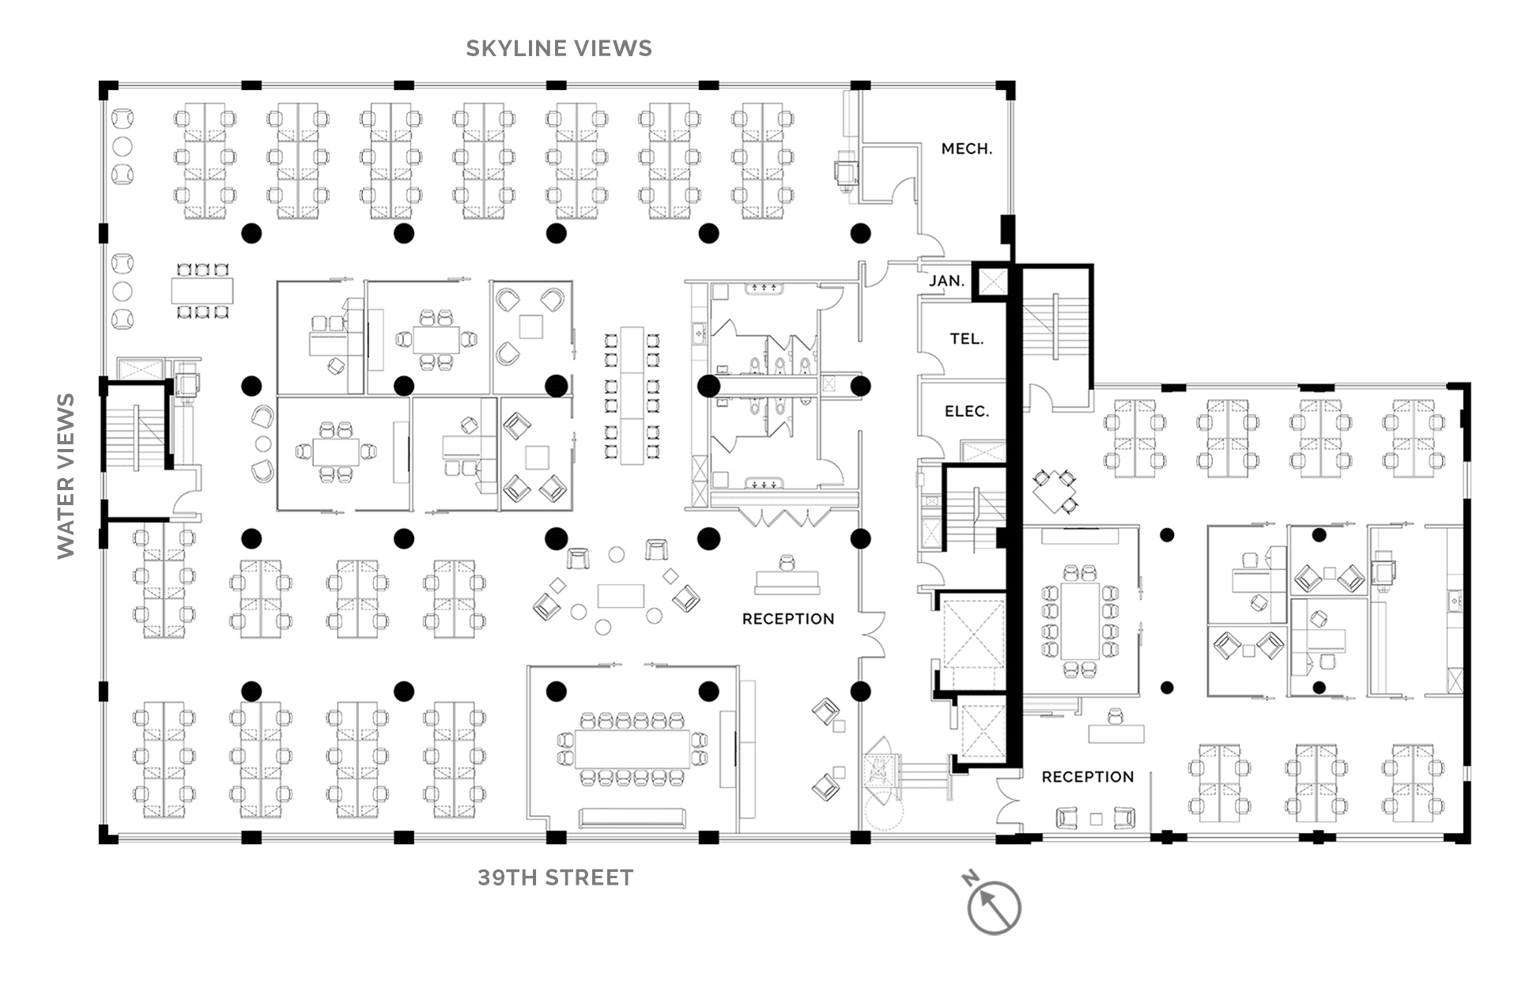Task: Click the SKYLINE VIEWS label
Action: tap(559, 48)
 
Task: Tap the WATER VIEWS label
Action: tap(66, 476)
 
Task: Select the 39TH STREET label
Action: tap(556, 877)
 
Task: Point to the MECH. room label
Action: tap(967, 149)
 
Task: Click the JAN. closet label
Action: tap(946, 281)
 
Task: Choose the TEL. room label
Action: tap(967, 339)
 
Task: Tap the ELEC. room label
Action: tap(967, 412)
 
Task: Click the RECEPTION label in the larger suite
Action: tap(788, 619)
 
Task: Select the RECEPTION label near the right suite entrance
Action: tap(1088, 777)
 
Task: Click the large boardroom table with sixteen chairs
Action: tap(632, 749)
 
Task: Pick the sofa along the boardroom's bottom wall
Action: tap(632, 818)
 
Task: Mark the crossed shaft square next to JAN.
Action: tap(992, 281)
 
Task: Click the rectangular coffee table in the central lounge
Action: tap(621, 595)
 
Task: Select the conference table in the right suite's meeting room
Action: tap(1079, 621)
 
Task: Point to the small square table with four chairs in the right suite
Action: tap(1055, 490)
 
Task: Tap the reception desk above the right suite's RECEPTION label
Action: tap(1116, 732)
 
